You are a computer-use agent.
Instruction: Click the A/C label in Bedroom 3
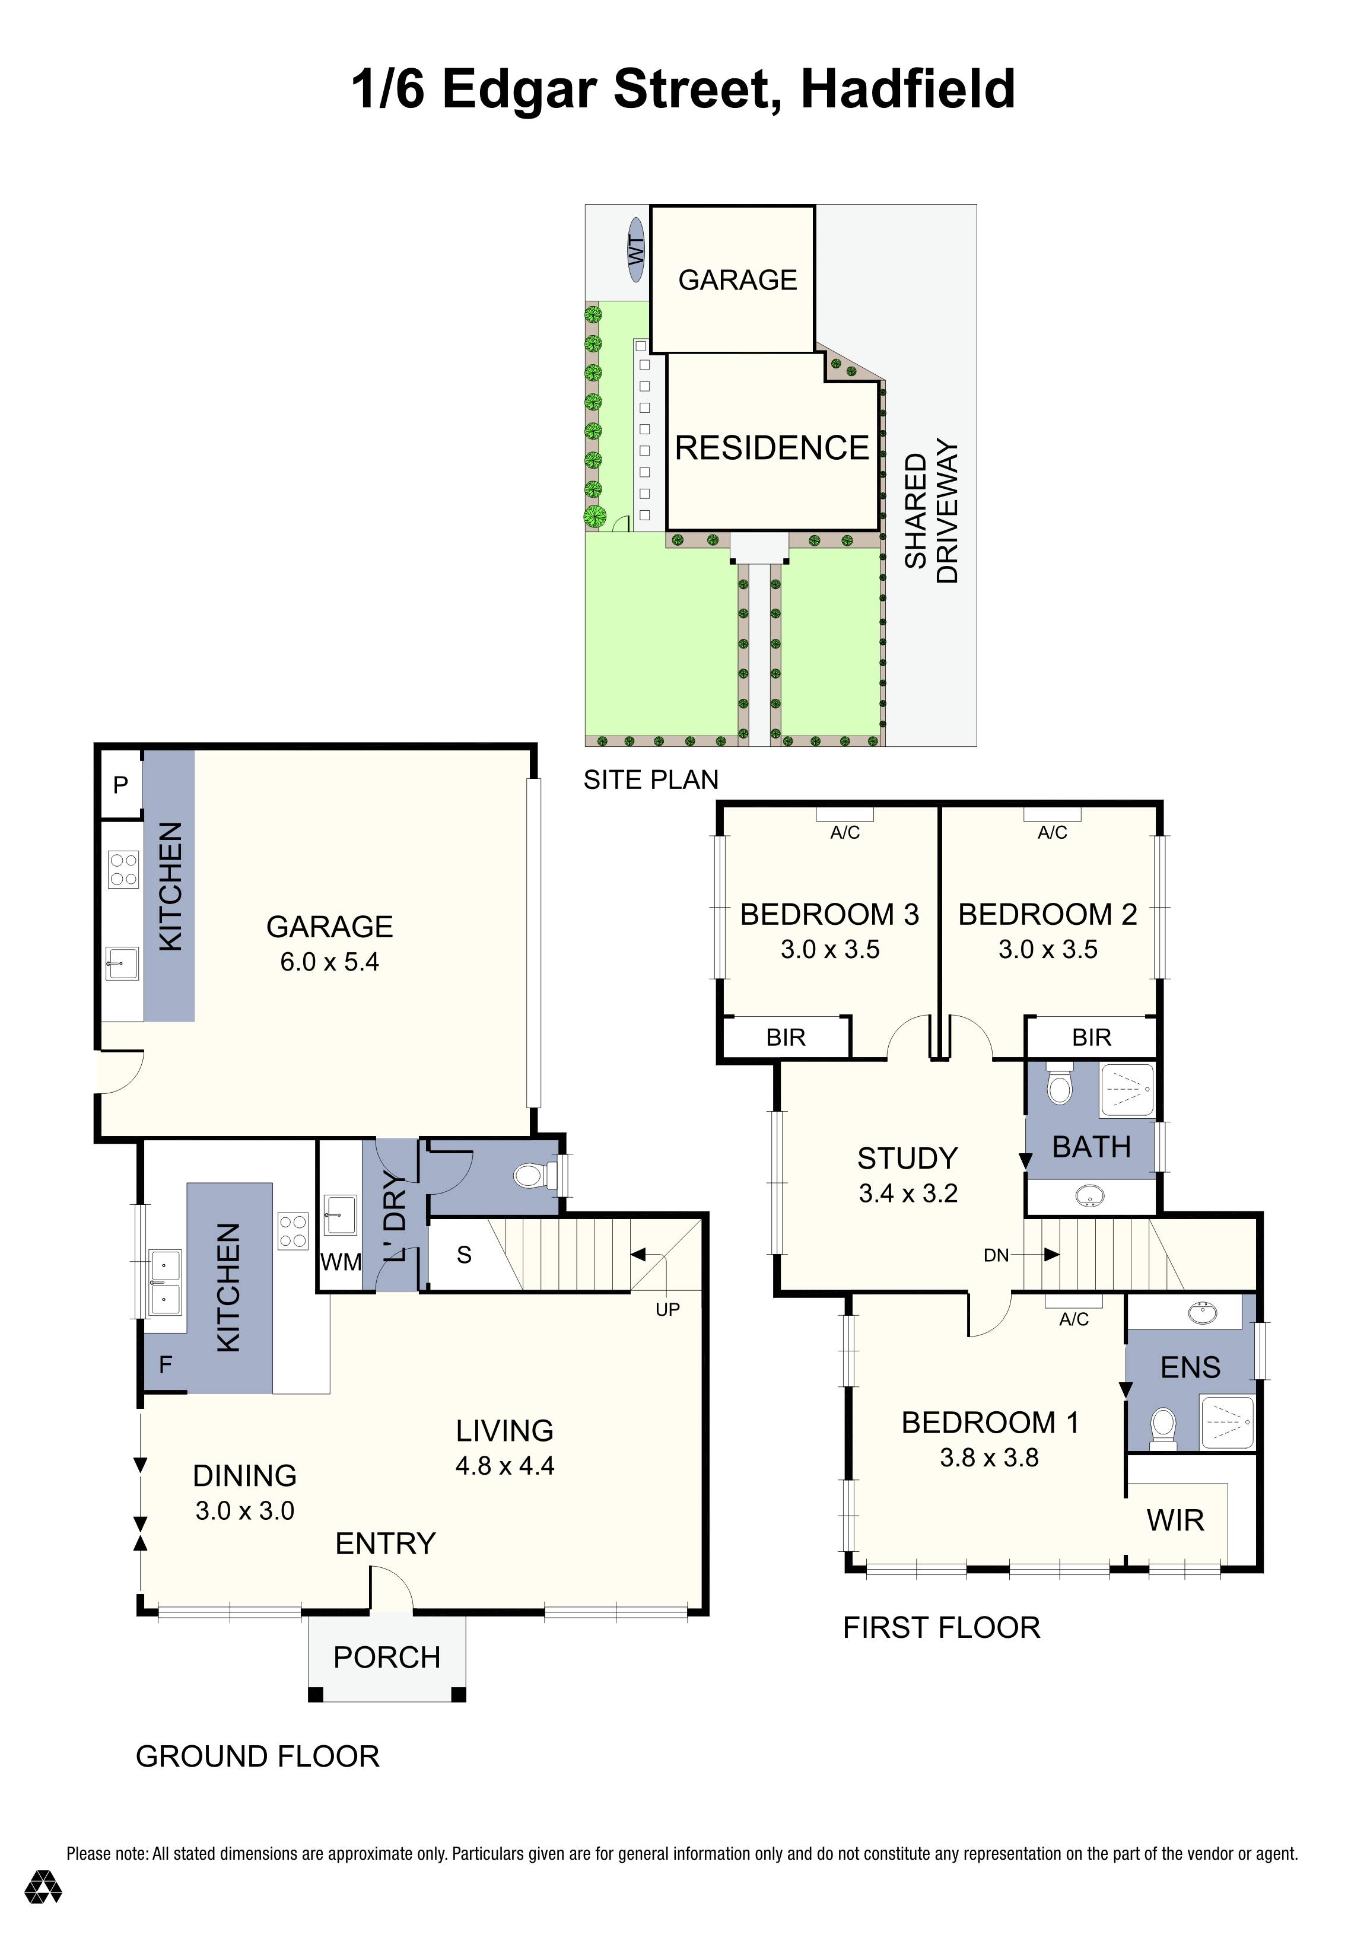point(844,833)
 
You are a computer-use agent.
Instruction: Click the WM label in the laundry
point(341,1262)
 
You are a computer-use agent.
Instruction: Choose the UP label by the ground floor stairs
point(668,1309)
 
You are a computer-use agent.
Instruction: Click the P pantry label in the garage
point(121,784)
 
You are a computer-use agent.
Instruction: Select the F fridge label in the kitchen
point(166,1364)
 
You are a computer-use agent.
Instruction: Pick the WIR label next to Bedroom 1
point(1175,1521)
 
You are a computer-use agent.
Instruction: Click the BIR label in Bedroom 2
point(1091,1038)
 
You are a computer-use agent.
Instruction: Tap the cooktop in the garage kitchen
point(123,869)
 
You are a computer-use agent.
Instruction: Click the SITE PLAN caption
point(651,779)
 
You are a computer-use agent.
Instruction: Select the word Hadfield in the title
point(908,89)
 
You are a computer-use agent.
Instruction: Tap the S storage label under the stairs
point(464,1255)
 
